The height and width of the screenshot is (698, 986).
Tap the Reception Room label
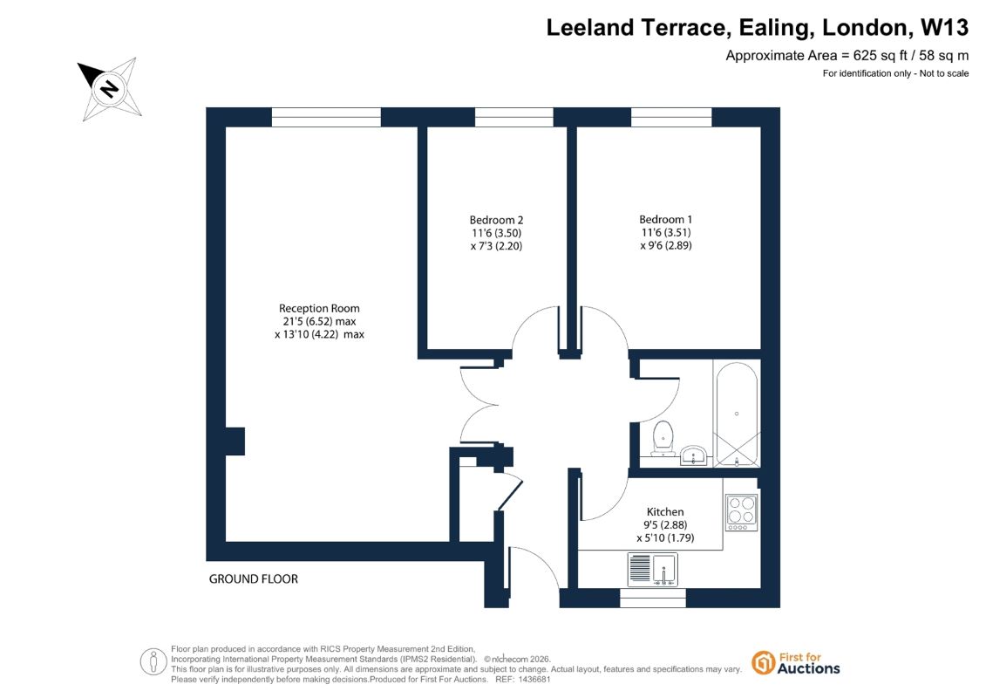(319, 308)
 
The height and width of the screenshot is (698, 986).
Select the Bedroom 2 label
(496, 220)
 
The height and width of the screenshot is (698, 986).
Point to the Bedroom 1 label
(665, 219)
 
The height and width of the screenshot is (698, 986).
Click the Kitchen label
(664, 511)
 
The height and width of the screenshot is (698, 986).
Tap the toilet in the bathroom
(663, 438)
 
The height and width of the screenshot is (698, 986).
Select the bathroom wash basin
(693, 455)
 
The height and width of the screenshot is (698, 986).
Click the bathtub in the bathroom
(737, 414)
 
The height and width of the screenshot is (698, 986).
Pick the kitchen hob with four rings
(741, 512)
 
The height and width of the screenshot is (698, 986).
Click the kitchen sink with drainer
(653, 569)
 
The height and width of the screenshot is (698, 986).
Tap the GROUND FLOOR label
(254, 579)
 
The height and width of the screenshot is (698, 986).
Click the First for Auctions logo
(795, 663)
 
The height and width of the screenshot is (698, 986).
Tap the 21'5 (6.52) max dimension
(319, 321)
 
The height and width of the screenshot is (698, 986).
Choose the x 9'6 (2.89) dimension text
(665, 245)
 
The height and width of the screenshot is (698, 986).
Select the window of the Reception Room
(326, 117)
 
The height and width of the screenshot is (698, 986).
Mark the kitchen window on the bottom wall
(653, 599)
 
